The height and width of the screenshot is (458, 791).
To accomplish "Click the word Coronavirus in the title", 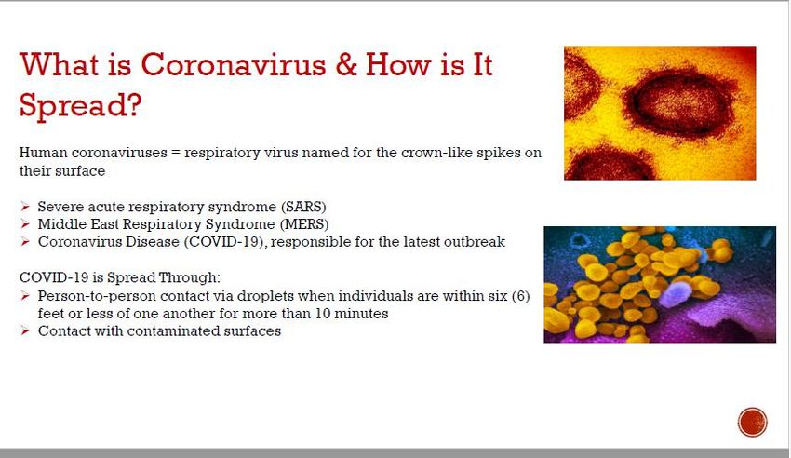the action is coord(234,64).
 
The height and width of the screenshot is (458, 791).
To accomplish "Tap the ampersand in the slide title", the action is coord(346,64).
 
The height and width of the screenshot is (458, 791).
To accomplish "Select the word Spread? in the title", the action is coord(80,106).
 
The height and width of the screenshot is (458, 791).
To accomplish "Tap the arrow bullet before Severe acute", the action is coord(25,207).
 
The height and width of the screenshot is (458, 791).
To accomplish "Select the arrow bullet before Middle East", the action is coord(25,223).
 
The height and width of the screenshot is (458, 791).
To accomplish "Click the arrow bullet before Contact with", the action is coord(25,330).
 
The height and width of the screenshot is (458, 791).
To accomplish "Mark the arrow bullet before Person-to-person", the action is coord(25,296).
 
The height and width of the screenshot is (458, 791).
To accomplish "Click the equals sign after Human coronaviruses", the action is coord(175,153).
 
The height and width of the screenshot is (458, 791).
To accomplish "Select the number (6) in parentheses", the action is coord(520,296).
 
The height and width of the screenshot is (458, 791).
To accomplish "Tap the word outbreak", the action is coord(475,242).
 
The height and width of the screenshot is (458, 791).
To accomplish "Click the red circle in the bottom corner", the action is coord(752,422).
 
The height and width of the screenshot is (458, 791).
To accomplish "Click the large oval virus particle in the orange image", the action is coord(677,102).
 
